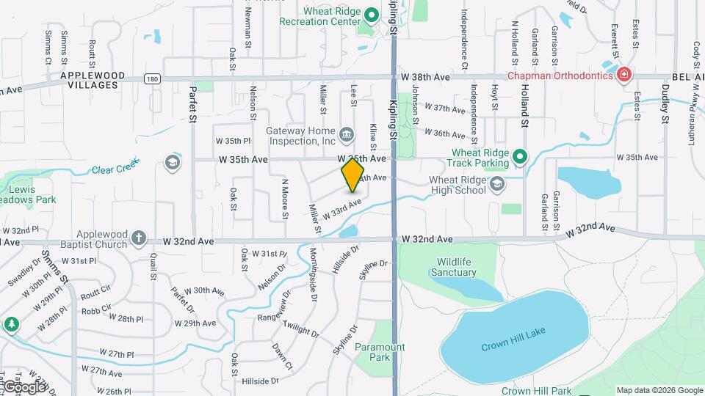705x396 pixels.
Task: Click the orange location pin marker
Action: tap(353, 175)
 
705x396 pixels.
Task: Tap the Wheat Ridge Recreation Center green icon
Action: tap(372, 15)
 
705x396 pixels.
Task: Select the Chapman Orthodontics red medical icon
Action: tap(623, 74)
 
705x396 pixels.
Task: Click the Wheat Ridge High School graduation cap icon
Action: tap(497, 183)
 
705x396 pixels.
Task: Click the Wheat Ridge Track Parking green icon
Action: tap(520, 156)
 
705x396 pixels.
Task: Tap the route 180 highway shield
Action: tap(151, 78)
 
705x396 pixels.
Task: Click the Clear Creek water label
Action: tap(115, 169)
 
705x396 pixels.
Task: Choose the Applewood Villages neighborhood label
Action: tap(89, 80)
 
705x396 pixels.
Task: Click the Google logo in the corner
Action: tap(23, 386)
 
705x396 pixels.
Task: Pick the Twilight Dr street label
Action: tap(301, 330)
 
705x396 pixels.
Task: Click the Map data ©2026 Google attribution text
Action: tap(659, 390)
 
